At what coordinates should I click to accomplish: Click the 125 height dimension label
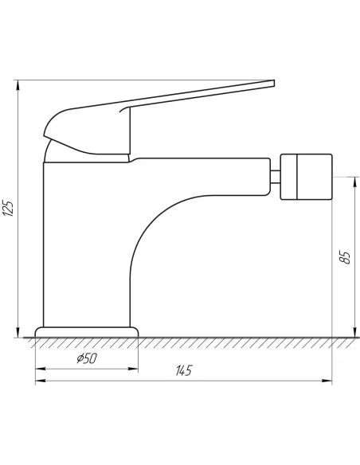8,209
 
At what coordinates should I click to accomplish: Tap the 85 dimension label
345,257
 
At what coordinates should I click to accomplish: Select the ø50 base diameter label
87,358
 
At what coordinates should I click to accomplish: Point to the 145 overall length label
184,370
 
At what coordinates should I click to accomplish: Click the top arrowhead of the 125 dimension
18,85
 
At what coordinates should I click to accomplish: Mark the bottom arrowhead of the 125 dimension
18,332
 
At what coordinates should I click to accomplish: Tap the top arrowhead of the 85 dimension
354,182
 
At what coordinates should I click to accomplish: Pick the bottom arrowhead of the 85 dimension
354,332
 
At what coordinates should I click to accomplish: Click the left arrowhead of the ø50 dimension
41,369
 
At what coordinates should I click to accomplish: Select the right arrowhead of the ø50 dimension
133,369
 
